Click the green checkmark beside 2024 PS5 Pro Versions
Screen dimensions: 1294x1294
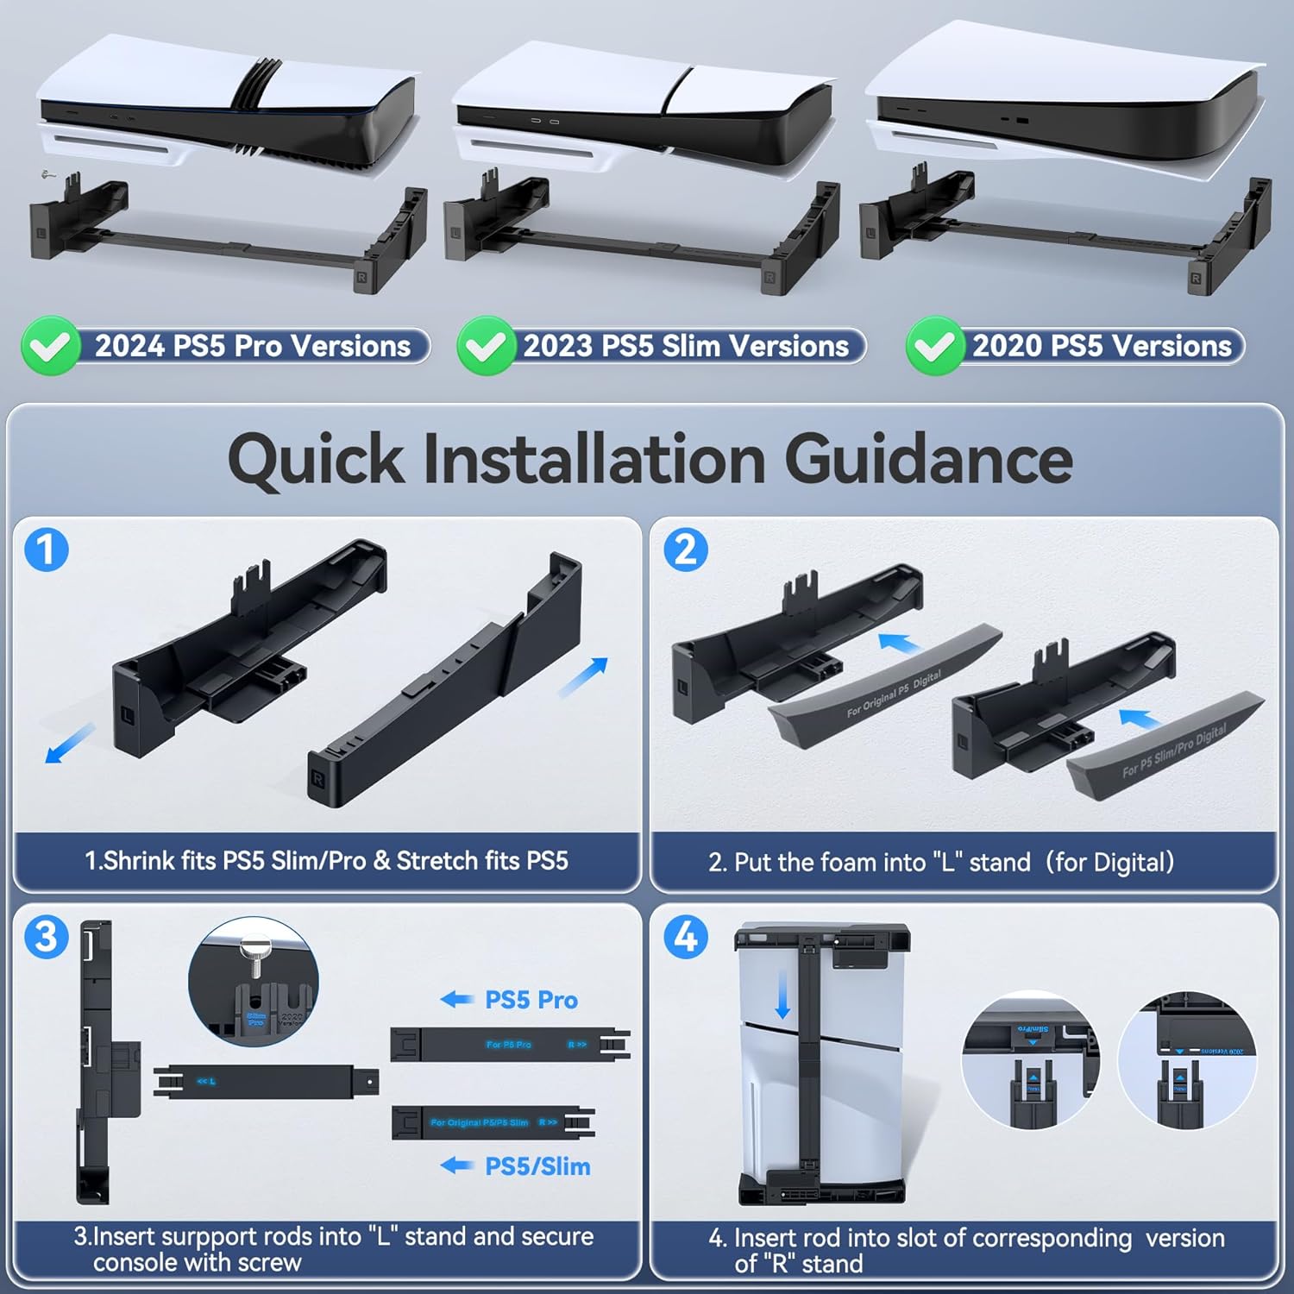pos(51,346)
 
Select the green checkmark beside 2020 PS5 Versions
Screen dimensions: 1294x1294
pos(934,346)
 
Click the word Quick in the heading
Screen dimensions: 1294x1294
pos(316,459)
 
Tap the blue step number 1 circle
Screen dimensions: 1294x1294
pos(47,550)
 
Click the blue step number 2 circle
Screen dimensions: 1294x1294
pos(686,550)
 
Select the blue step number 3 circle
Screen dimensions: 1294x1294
pos(47,937)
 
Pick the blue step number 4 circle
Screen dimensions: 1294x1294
pos(686,937)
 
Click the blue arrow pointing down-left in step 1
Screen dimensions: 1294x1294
pos(70,743)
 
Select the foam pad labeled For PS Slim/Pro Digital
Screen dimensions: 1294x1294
pos(1169,747)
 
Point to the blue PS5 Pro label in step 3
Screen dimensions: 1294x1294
pos(531,1000)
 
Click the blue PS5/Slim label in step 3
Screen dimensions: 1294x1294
pos(537,1166)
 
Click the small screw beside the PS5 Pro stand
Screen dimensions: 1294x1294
pos(48,175)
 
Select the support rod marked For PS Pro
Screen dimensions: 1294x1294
pos(509,1045)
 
